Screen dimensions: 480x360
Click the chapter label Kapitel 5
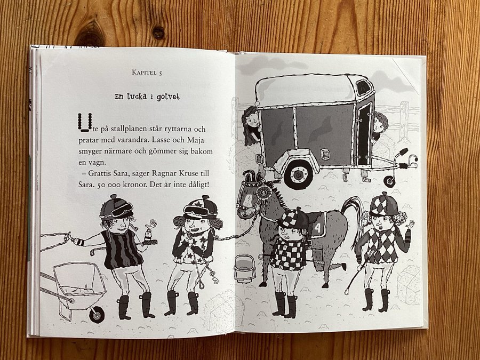(x=147, y=73)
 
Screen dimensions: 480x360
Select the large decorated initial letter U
(x=85, y=123)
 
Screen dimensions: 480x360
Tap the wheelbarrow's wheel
(x=97, y=314)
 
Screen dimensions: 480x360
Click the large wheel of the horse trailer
(x=298, y=174)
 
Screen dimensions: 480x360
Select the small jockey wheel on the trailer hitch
(x=389, y=181)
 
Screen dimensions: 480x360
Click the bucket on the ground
(x=245, y=269)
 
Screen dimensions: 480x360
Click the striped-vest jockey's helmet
(x=116, y=208)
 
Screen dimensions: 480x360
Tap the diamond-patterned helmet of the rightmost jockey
(x=384, y=204)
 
